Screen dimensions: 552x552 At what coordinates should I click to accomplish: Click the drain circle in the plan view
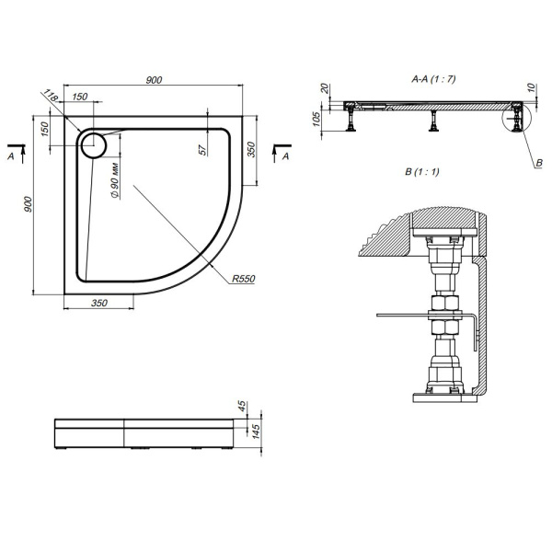93,144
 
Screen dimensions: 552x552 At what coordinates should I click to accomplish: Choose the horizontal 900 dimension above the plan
155,81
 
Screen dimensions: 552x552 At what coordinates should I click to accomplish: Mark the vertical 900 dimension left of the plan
29,205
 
